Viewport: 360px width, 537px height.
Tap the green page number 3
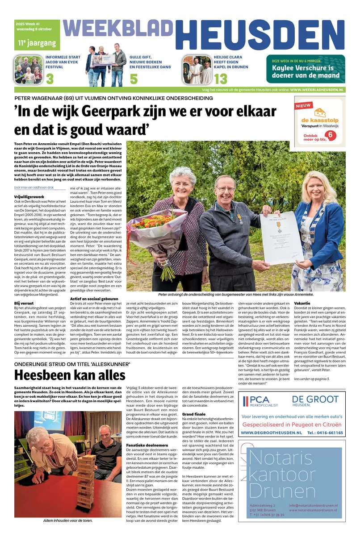[50, 79]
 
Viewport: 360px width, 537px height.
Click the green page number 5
[134, 79]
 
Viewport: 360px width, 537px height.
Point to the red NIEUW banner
[304, 105]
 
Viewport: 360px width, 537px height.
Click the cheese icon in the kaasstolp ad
[319, 112]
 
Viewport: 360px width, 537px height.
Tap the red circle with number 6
[331, 134]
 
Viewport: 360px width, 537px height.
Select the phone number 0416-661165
[325, 433]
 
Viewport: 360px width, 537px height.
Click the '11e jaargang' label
[37, 43]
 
